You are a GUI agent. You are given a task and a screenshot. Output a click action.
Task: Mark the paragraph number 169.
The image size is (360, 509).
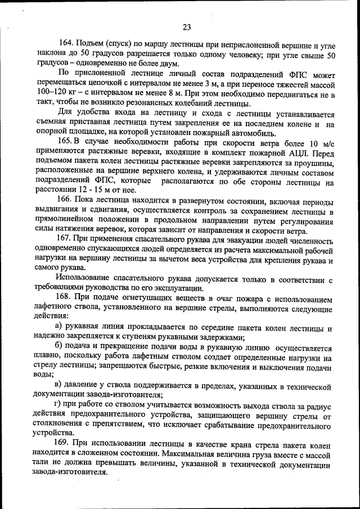pyautogui.click(x=66, y=444)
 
